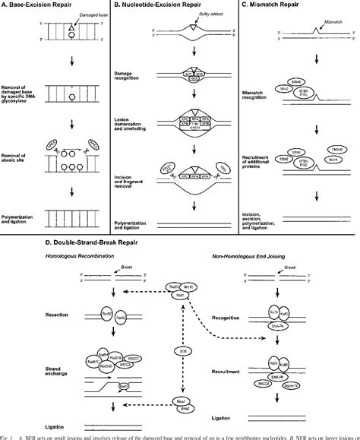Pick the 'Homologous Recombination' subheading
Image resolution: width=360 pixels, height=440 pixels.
point(61,259)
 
